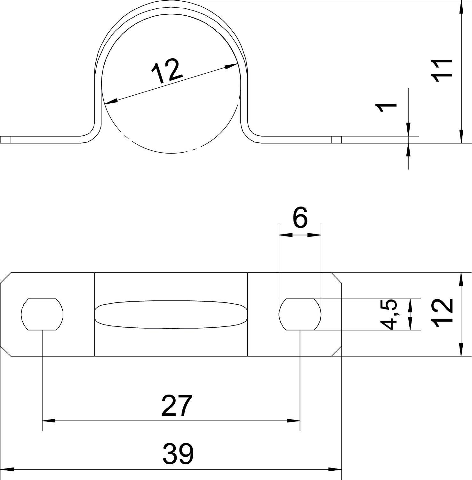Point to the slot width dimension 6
pyautogui.click(x=300, y=218)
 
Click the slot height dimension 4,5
pyautogui.click(x=391, y=315)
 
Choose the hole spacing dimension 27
pyautogui.click(x=177, y=406)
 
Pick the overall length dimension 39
pyautogui.click(x=178, y=454)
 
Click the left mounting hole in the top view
pyautogui.click(x=42, y=314)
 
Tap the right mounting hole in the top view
pyautogui.click(x=300, y=314)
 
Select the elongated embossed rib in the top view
pyautogui.click(x=171, y=314)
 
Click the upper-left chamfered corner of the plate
pyautogui.click(x=5, y=278)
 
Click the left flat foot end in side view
pyautogui.click(x=6, y=140)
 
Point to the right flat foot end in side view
pyautogui.click(x=336, y=140)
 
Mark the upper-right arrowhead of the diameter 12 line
pyautogui.click(x=232, y=66)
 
